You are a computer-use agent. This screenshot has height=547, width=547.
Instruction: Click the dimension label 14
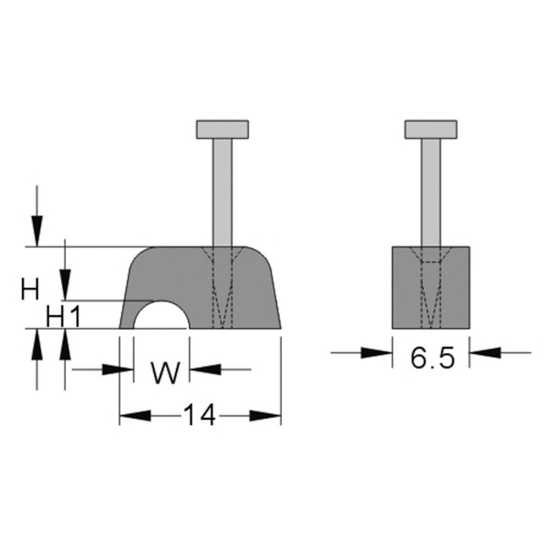point(199,416)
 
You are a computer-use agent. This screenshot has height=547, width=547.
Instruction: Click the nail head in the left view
point(222,129)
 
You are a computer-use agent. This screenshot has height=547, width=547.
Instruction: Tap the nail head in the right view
point(432,129)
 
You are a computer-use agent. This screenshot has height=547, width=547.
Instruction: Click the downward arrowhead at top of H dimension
point(38,232)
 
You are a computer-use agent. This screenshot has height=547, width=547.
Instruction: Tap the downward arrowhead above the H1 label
point(65,286)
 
